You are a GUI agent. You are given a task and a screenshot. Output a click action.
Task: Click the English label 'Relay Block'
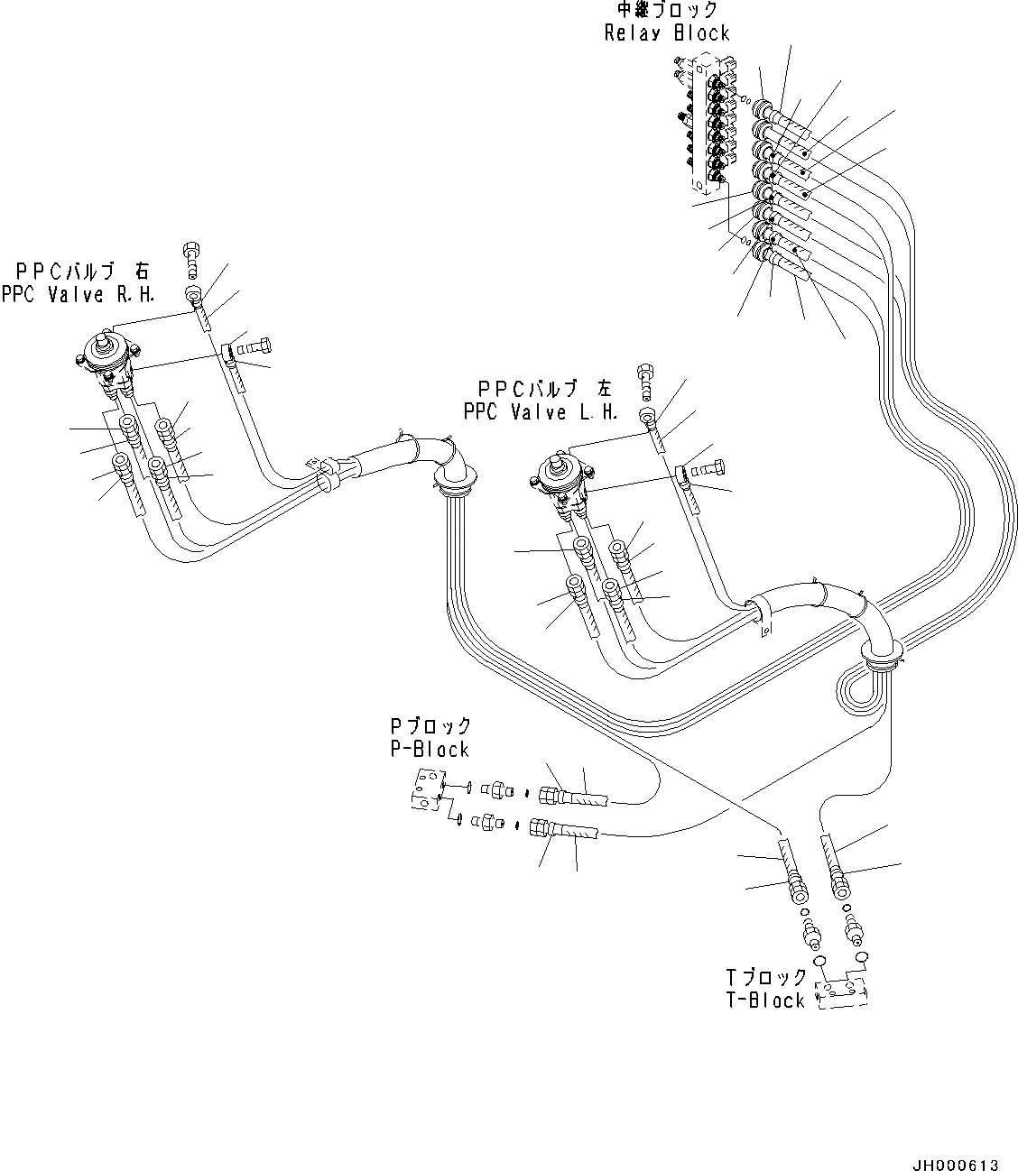pyautogui.click(x=666, y=34)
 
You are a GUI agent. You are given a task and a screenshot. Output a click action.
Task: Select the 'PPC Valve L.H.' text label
pyautogui.click(x=541, y=412)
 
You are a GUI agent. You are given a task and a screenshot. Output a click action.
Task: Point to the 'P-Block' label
pyautogui.click(x=430, y=750)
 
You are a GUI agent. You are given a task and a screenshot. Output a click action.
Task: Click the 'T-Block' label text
pyautogui.click(x=765, y=1000)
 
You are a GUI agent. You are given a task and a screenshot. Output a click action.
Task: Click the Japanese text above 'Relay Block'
pyautogui.click(x=666, y=11)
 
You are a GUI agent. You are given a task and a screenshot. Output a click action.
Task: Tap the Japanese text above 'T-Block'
pyautogui.click(x=767, y=977)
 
